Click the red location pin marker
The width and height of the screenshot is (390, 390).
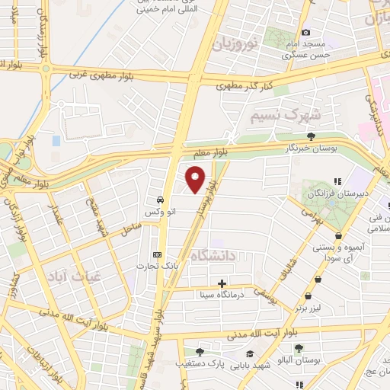[197, 180]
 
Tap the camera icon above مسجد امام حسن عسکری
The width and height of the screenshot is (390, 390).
[305, 32]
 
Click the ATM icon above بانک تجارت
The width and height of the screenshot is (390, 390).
[158, 254]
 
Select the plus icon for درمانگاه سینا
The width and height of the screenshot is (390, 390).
[222, 283]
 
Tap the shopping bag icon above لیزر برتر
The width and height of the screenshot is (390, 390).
[308, 295]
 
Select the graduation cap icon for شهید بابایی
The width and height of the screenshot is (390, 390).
[250, 353]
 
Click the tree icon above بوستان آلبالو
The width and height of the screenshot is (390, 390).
[299, 350]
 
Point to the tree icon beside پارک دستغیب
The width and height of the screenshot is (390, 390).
[200, 352]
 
